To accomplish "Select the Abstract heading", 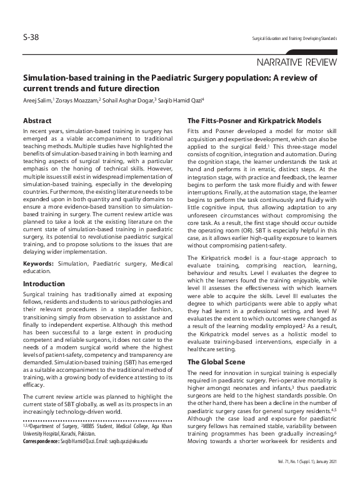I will point(37,119).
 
